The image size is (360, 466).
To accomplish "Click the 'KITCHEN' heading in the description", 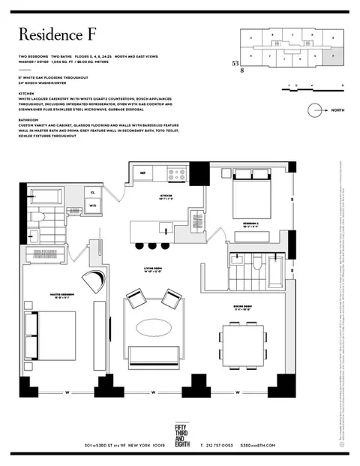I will click(x=27, y=97).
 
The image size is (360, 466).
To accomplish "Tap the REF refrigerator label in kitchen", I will click(x=142, y=173).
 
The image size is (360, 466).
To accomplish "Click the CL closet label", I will click(x=93, y=193).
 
